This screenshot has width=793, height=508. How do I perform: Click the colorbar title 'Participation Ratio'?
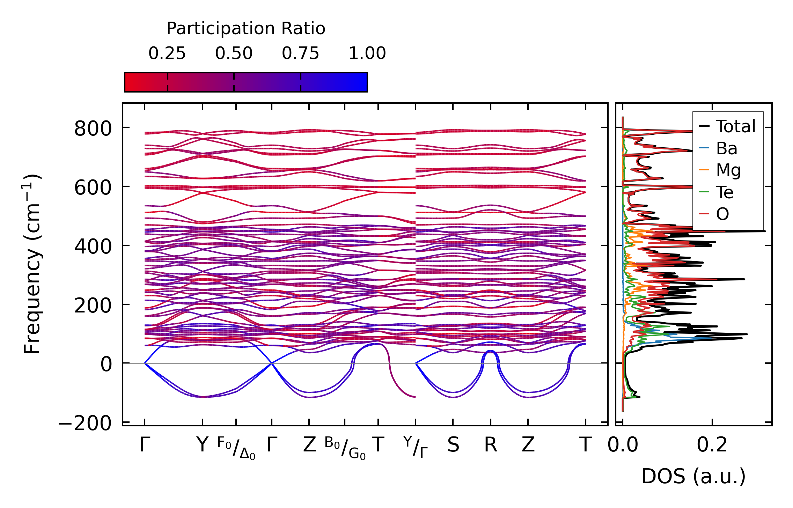246,29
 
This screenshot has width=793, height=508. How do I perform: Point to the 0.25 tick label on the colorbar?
167,53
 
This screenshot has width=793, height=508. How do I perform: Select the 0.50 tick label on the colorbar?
234,53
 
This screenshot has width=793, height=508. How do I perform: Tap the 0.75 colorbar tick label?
300,53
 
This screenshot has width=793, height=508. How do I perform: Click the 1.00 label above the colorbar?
367,53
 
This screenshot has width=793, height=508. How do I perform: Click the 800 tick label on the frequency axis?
93,128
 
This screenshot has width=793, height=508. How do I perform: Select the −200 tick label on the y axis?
85,424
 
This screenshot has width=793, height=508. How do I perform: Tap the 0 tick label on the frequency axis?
106,365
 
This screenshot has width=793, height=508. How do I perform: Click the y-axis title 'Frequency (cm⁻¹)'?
32,264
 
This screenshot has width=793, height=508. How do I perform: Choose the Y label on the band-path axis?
202,445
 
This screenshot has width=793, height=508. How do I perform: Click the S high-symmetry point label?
453,445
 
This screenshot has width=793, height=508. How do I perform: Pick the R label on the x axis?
490,445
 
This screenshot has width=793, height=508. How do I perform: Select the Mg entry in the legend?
728,170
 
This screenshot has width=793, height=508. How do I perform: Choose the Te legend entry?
725,192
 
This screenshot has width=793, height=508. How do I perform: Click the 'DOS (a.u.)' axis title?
693,476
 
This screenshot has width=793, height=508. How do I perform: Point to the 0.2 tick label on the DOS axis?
712,445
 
